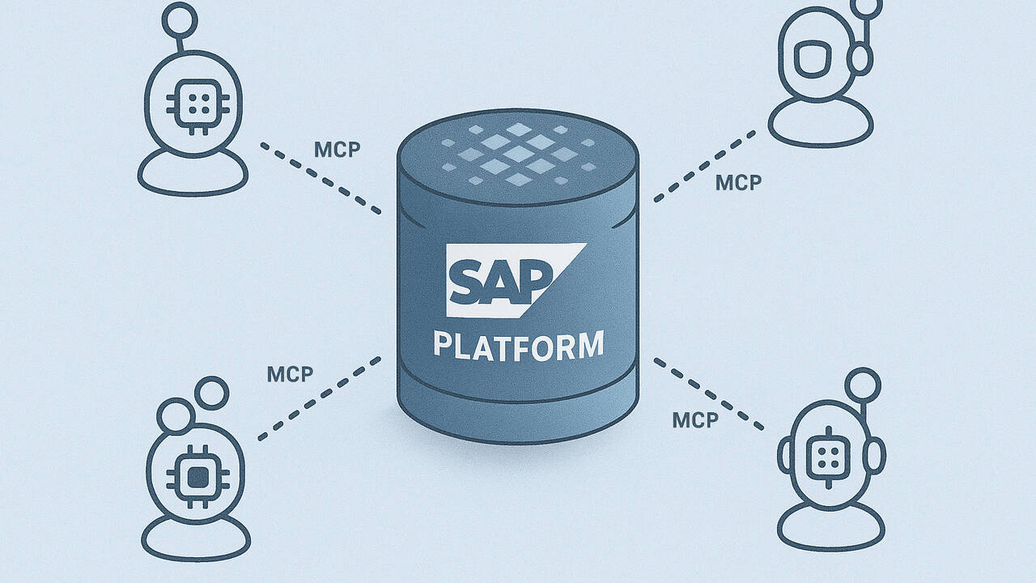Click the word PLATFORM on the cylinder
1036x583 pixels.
point(518,343)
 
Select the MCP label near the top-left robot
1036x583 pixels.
point(337,150)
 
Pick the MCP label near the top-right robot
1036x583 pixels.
point(738,182)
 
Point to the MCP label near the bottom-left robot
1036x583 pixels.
point(290,374)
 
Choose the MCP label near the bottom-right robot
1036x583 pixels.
point(695,420)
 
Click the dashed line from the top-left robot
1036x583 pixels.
point(321,179)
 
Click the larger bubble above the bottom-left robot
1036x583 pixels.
point(213,394)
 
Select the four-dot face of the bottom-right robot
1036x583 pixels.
point(826,452)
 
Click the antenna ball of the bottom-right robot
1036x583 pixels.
point(864,383)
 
